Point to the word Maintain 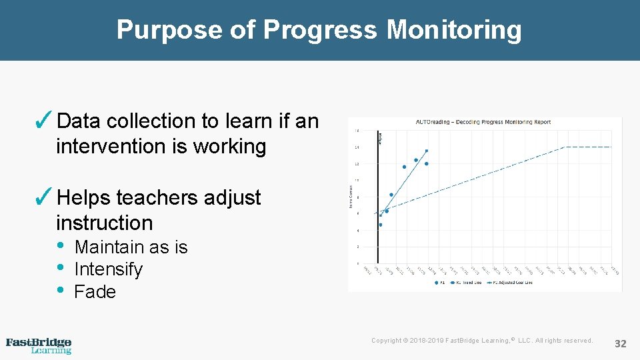111,247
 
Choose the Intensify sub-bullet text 108,269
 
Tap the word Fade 95,292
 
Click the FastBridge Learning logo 39,345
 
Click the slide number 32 620,343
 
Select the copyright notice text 481,341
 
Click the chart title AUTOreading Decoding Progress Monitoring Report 484,122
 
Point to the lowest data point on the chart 380,225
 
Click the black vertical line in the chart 377,200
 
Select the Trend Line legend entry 467,283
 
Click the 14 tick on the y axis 357,147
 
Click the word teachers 158,198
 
